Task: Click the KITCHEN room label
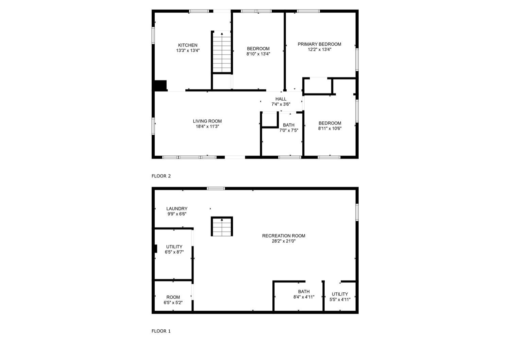pyautogui.click(x=188, y=45)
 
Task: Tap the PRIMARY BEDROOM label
pyautogui.click(x=319, y=44)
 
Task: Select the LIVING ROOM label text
pyautogui.click(x=207, y=121)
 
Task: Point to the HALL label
pyautogui.click(x=281, y=99)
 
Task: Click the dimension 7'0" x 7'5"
pyautogui.click(x=289, y=131)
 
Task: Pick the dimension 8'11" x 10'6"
pyautogui.click(x=330, y=128)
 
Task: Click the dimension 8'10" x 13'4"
pyautogui.click(x=258, y=54)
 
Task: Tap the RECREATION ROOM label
pyautogui.click(x=284, y=236)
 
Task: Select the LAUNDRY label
pyautogui.click(x=177, y=209)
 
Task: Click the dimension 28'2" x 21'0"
pyautogui.click(x=284, y=241)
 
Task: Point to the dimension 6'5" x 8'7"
pyautogui.click(x=174, y=252)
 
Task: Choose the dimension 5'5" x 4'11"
pyautogui.click(x=340, y=299)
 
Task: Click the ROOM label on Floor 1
pyautogui.click(x=173, y=297)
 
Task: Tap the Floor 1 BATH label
pyautogui.click(x=304, y=291)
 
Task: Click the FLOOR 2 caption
pyautogui.click(x=161, y=176)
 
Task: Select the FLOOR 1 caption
pyautogui.click(x=161, y=331)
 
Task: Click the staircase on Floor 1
pyautogui.click(x=222, y=226)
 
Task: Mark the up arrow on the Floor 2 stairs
pyautogui.click(x=222, y=34)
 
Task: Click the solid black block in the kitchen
pyautogui.click(x=160, y=86)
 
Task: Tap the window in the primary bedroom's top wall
pyautogui.click(x=308, y=11)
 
